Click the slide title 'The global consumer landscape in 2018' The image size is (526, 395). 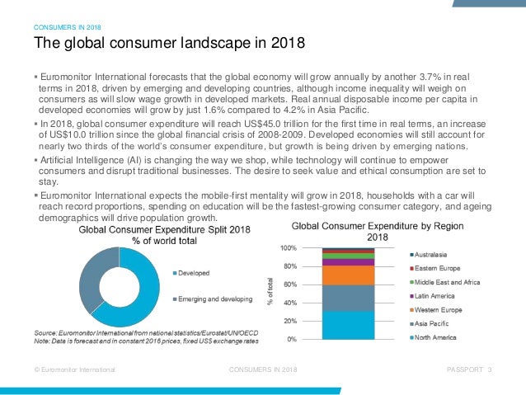[168, 42]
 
